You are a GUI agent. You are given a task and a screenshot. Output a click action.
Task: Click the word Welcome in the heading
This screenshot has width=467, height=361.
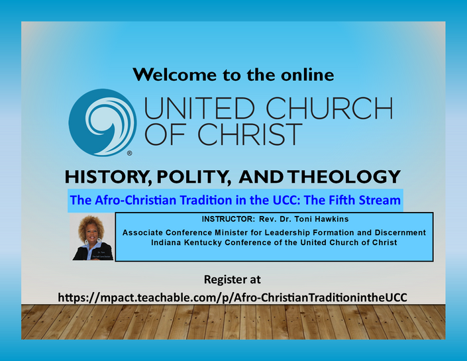(174, 74)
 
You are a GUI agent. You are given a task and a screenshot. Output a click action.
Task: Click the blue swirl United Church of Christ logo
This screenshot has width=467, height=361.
(103, 123)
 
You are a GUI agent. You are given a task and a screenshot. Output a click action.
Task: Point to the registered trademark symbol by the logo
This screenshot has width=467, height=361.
(130, 154)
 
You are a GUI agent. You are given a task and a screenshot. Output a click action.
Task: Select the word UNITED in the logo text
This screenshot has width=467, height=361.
(199, 108)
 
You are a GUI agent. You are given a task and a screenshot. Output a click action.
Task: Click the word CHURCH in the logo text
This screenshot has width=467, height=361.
(329, 108)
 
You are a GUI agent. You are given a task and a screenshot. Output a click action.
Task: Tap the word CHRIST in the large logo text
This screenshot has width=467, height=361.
(250, 134)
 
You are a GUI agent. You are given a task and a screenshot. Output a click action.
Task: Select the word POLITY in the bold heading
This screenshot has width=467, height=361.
(194, 177)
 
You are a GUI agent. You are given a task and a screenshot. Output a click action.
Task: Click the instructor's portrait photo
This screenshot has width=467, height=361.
(92, 237)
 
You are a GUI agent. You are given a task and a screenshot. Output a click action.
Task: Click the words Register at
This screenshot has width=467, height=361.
(233, 280)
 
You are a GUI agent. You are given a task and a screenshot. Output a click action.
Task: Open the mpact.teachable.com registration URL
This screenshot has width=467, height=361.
(233, 297)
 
